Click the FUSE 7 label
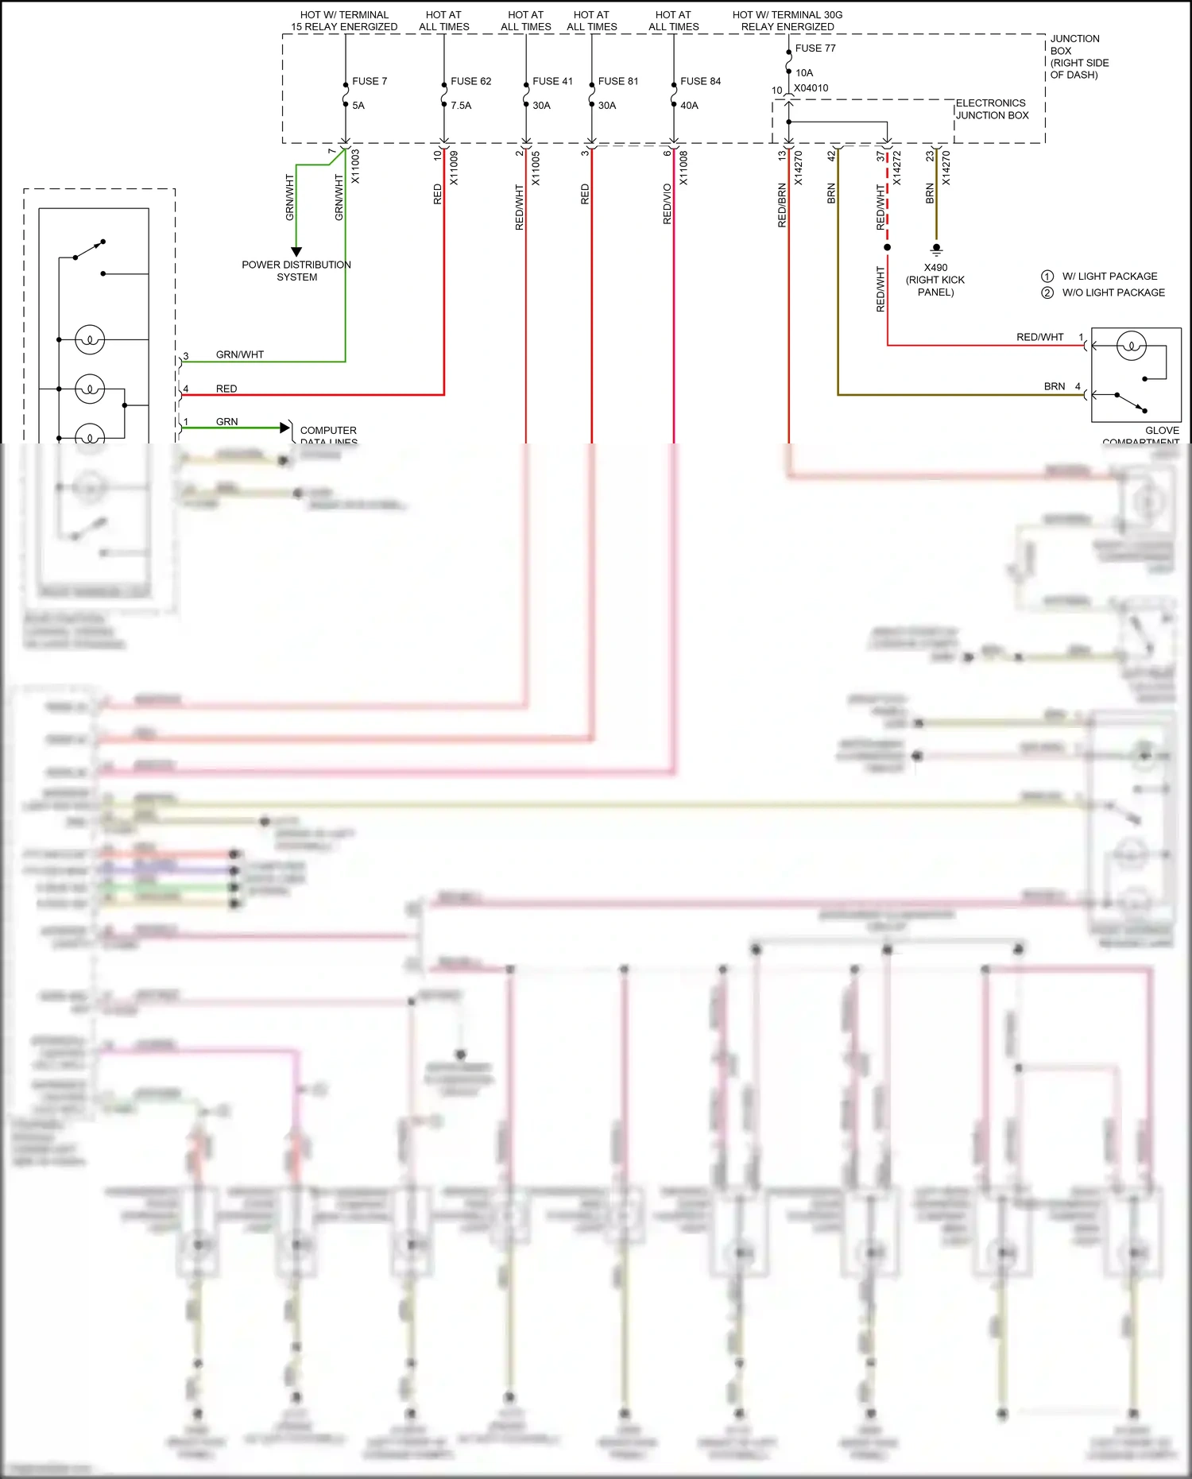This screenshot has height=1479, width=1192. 370,81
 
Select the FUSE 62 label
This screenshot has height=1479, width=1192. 470,81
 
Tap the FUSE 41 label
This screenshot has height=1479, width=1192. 552,81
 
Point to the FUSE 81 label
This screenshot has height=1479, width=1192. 618,81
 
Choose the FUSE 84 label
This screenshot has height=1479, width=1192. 700,81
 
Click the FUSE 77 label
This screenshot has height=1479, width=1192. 815,48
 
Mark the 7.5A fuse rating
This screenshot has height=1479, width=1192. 461,106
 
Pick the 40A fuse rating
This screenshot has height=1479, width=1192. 689,106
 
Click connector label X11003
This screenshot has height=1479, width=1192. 355,167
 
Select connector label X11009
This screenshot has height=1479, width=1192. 454,168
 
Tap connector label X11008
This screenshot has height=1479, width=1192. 683,168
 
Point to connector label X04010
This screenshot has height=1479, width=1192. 811,88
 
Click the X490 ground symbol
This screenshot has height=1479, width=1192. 936,250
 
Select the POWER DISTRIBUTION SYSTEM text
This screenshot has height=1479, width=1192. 296,271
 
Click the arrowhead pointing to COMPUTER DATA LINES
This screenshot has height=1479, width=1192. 284,428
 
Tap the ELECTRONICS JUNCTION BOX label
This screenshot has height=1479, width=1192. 992,110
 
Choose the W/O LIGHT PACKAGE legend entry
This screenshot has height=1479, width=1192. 1113,293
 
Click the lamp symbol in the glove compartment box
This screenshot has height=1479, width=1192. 1131,346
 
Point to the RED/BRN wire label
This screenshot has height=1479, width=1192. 782,205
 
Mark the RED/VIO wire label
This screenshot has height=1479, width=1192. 668,203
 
